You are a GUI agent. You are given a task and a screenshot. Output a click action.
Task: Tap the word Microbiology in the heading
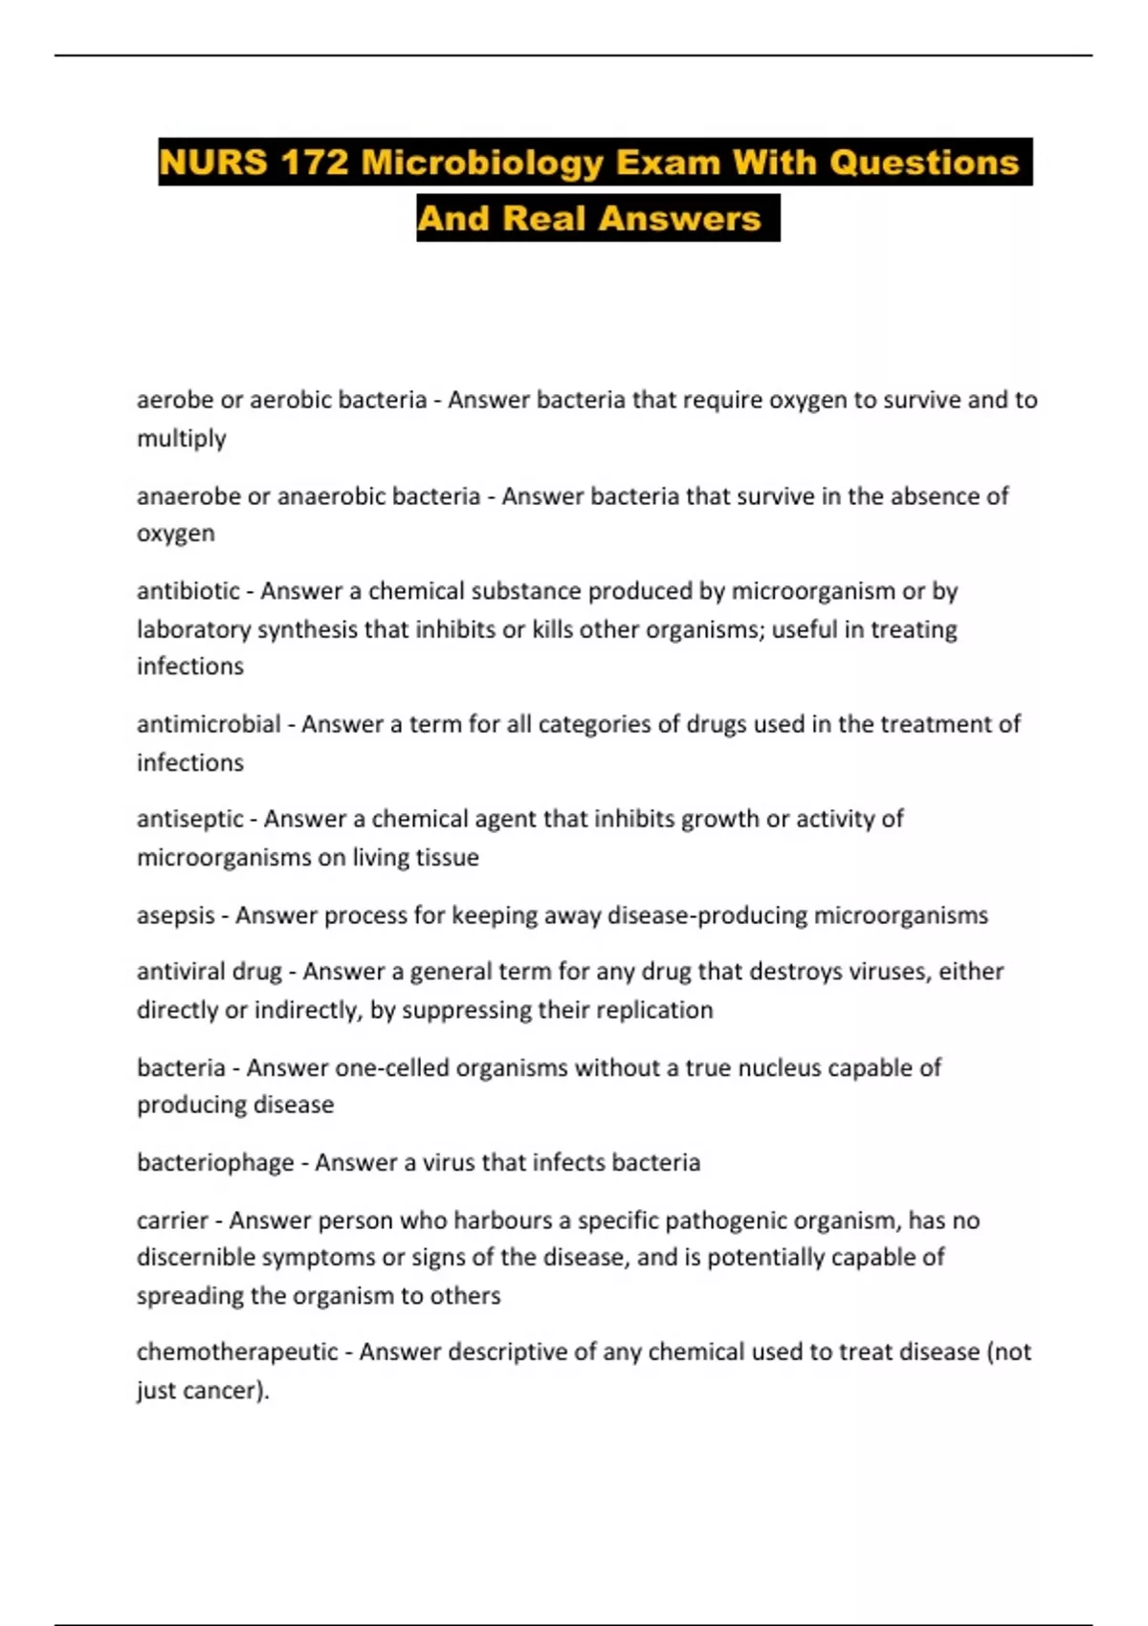482,163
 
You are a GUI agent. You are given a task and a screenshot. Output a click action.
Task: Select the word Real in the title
542,218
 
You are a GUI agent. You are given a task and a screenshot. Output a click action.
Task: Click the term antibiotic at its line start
188,591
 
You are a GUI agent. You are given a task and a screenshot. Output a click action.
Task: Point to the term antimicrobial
209,724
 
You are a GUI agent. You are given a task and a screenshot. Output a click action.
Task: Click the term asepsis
175,915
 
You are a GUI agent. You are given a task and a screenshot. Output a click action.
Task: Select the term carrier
172,1220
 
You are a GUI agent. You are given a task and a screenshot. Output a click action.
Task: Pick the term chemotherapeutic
237,1351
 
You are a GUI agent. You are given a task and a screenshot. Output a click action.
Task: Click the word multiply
182,438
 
